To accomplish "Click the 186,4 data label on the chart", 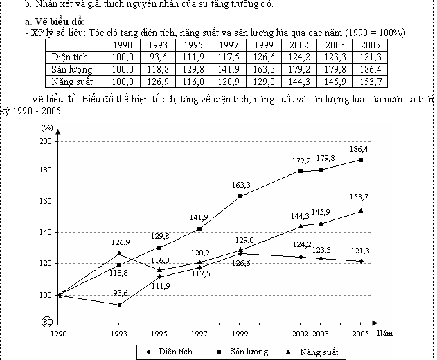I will [x=359, y=149].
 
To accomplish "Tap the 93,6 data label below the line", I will [x=121, y=294].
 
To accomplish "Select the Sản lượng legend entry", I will [x=248, y=352].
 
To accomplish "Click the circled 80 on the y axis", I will [x=46, y=322].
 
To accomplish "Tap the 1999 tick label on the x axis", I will [x=240, y=334].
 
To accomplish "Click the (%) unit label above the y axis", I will [x=46, y=128].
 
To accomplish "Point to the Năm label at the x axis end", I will [x=385, y=334].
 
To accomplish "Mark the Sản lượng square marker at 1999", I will [x=240, y=196].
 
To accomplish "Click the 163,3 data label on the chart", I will [x=240, y=185].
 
